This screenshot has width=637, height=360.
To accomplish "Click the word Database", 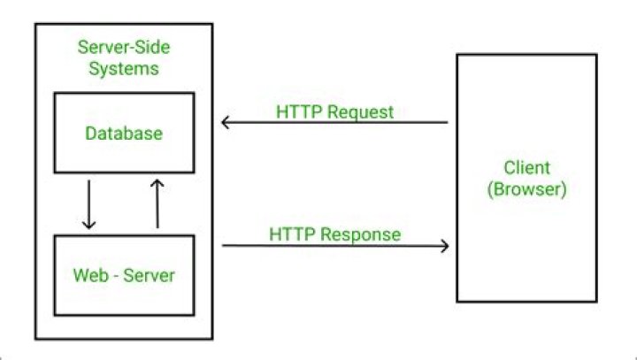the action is click(124, 134).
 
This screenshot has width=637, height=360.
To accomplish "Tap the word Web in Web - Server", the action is click(91, 275).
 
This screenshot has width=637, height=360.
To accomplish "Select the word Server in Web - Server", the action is click(149, 275).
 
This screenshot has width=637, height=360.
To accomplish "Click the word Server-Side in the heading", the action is click(124, 47).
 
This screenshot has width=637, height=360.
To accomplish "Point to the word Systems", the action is click(124, 68).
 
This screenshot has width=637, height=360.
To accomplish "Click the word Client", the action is click(527, 167).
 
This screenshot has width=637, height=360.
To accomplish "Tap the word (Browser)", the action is click(527, 189).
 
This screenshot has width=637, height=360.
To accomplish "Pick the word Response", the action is click(361, 235).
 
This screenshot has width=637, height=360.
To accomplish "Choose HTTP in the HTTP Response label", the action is click(292, 234).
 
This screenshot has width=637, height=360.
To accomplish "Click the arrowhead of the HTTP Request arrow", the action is click(226, 122).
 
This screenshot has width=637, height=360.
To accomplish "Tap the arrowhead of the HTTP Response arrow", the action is click(445, 245).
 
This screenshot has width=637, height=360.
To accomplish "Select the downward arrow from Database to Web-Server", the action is click(89, 205).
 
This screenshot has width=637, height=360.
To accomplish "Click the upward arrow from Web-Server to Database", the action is click(157, 204).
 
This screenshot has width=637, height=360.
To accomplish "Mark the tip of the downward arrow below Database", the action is click(89, 229).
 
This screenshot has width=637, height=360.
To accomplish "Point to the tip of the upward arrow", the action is click(157, 180).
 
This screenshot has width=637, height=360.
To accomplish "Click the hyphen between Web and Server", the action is click(116, 276).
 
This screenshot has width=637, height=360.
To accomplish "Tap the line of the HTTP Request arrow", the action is click(334, 122).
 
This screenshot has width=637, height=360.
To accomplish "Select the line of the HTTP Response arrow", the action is click(335, 245).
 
